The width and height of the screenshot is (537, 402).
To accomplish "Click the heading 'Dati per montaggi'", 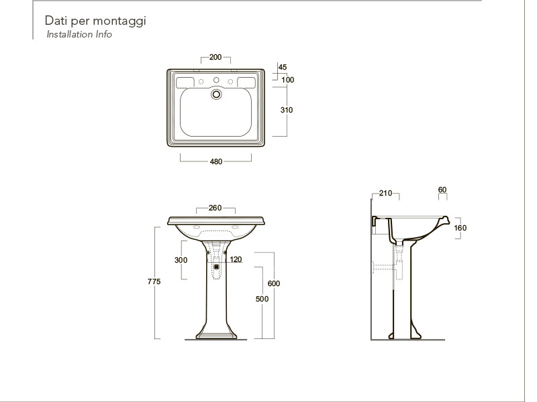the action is (95, 21).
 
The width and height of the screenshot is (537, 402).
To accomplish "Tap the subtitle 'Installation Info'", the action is (79, 34).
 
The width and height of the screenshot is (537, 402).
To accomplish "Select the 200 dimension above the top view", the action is (215, 57).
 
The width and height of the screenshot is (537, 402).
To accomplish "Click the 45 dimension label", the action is (283, 67).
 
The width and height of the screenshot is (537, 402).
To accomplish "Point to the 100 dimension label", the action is (288, 80).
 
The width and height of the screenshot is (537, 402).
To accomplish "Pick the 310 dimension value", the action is (287, 110).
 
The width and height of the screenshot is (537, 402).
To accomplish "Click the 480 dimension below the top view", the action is (216, 161).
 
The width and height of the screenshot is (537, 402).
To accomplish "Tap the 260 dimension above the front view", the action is (215, 208).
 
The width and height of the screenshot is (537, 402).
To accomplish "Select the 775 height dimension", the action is (154, 281).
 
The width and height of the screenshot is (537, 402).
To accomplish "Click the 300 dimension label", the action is (181, 260).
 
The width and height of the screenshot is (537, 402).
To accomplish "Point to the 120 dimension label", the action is (236, 259).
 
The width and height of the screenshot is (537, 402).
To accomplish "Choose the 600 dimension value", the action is (274, 283).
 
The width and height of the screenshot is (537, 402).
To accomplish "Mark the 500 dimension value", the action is (262, 299).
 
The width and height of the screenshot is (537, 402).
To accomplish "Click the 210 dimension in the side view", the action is (385, 193).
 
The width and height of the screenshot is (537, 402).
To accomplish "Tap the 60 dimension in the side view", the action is (442, 190).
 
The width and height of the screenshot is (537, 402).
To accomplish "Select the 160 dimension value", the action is (460, 228).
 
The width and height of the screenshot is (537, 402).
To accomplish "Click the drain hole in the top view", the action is (216, 94).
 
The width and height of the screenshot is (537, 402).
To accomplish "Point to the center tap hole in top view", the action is (216, 80).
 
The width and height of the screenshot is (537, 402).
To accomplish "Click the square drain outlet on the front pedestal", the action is (216, 267).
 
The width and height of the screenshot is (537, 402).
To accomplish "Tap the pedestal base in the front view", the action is (216, 334).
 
